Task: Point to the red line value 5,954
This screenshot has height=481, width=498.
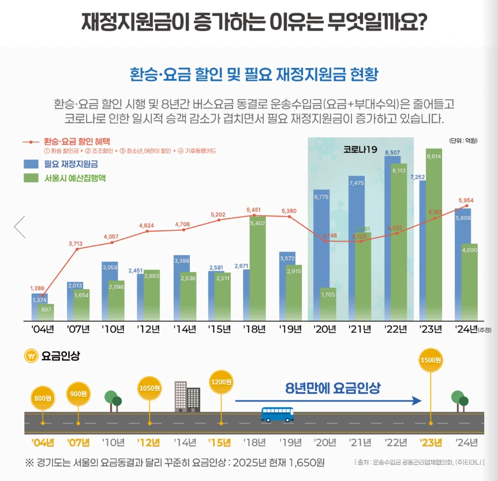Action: (466, 200)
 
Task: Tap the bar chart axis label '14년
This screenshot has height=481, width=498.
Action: (185, 329)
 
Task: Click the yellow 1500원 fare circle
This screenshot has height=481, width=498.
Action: (431, 360)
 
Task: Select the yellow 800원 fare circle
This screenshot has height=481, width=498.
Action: (43, 397)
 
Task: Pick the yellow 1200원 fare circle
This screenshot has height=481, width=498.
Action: (220, 382)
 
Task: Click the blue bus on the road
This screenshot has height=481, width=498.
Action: (277, 414)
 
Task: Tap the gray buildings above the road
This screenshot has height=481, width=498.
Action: (187, 396)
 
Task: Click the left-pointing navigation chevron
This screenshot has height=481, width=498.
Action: (20, 227)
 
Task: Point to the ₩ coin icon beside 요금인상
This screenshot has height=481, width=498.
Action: (31, 356)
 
